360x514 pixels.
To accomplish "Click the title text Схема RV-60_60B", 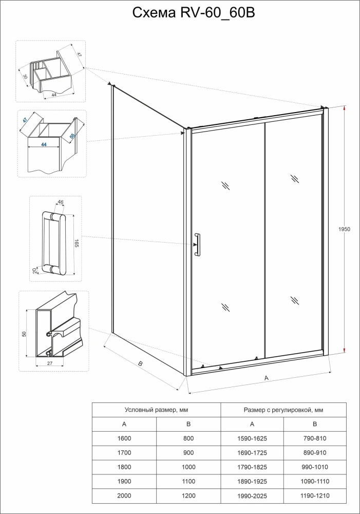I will (180, 12).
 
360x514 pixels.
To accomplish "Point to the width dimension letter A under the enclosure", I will (266, 378).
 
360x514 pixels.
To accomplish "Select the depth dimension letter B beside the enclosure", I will (140, 363).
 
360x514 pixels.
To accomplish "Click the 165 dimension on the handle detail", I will (76, 243).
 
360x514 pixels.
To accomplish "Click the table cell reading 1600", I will (124, 438).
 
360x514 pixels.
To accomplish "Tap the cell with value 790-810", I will (315, 438).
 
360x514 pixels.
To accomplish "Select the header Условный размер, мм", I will (156, 410).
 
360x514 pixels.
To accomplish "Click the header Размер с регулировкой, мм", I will (283, 410).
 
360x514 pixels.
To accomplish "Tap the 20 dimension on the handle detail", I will (34, 270).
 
